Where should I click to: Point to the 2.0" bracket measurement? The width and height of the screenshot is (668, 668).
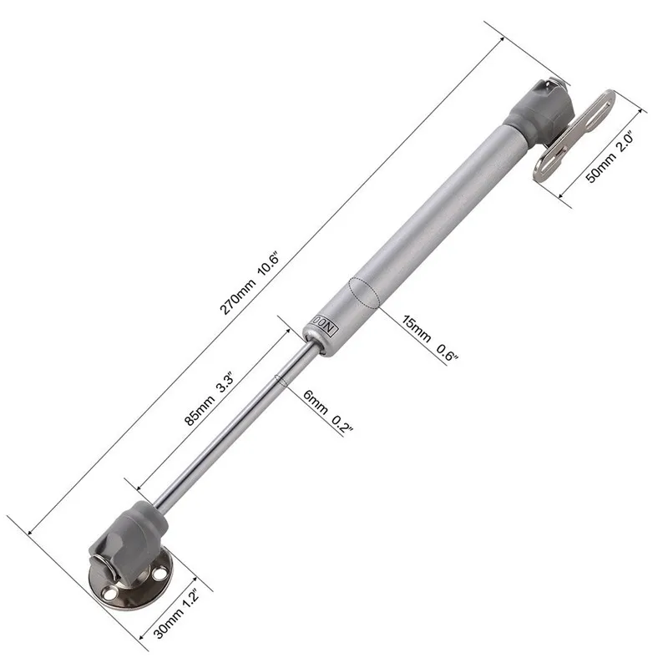tap(625, 144)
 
